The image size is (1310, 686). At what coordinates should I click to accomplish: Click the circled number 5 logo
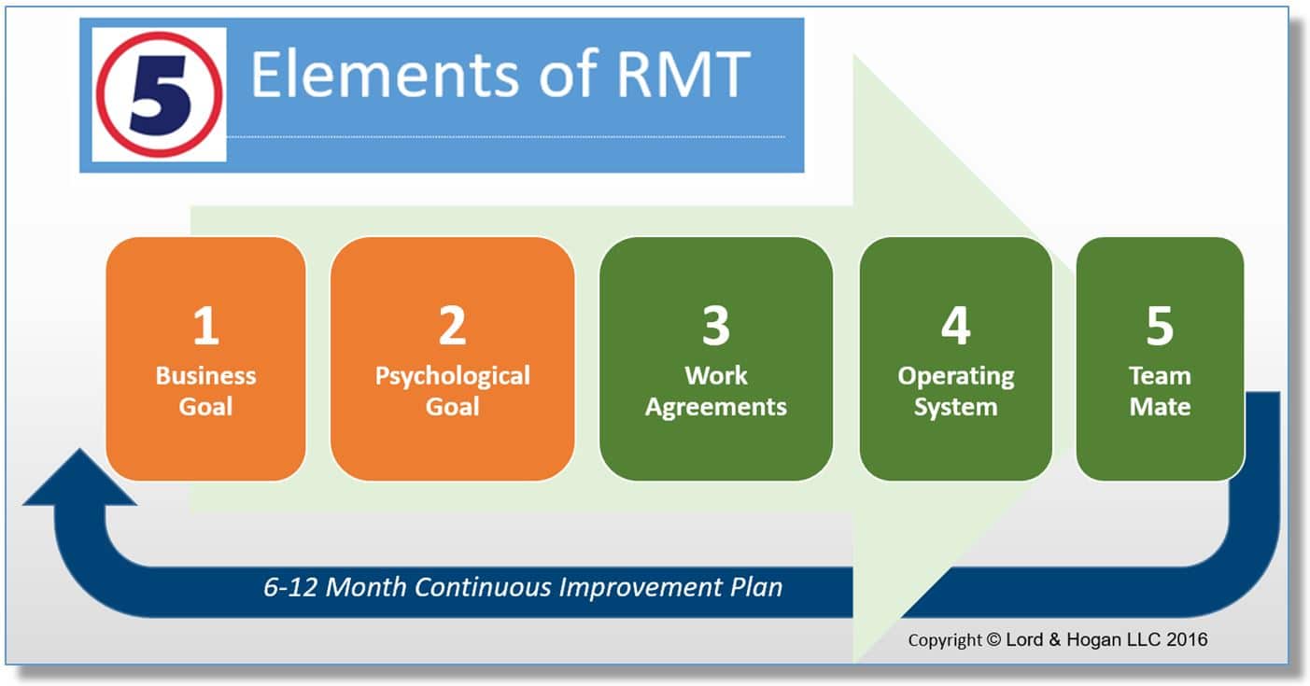click(x=159, y=95)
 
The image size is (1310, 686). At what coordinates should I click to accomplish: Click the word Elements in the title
click(x=385, y=75)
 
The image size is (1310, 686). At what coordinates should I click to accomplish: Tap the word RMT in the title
click(x=683, y=75)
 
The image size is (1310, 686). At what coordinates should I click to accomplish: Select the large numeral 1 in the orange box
click(x=205, y=325)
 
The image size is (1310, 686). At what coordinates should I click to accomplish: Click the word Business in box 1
click(x=205, y=376)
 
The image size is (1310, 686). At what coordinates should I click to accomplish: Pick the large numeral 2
click(x=453, y=325)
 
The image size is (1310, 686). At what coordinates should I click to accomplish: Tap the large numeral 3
click(x=716, y=325)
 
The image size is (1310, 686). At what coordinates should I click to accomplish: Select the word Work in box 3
click(x=716, y=376)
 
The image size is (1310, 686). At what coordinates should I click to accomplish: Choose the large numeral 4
click(x=956, y=325)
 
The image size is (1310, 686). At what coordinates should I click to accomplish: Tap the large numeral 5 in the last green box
click(x=1161, y=325)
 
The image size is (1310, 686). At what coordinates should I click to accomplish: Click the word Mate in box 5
click(x=1161, y=407)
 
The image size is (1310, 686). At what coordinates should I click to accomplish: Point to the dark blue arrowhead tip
click(x=79, y=449)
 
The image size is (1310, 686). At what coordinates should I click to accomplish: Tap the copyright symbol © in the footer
click(x=994, y=639)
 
